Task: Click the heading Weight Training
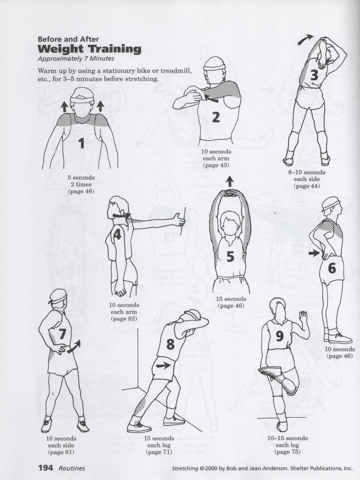point(89,49)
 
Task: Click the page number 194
point(46,467)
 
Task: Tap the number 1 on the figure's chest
point(82,143)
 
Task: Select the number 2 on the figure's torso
point(216,117)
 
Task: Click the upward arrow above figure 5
point(229,181)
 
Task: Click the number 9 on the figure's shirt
point(280,336)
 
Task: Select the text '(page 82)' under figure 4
point(124,319)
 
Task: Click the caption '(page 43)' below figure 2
point(216,165)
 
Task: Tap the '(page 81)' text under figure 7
point(61,452)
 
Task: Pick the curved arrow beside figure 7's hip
point(74,346)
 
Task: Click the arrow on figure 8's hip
point(163,365)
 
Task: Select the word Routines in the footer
point(72,468)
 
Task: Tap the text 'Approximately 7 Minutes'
point(76,59)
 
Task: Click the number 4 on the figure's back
point(117,234)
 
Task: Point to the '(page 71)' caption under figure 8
point(159,452)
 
